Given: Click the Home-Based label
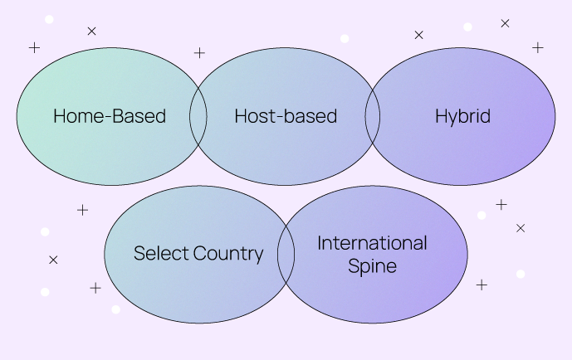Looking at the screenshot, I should click(110, 116).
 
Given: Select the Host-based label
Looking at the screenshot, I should click(286, 116).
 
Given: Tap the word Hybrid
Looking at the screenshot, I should click(462, 116).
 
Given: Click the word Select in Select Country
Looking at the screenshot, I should click(161, 254).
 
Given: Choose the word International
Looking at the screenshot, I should click(372, 243).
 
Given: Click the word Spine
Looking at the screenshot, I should click(372, 266).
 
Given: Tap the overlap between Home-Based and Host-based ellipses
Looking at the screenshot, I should click(198, 116).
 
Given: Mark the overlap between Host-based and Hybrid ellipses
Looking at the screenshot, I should click(373, 116).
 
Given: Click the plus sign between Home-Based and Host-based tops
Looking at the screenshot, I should click(199, 53).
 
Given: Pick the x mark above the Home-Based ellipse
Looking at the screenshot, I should click(91, 32).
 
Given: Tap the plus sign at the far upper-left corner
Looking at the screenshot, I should click(34, 47).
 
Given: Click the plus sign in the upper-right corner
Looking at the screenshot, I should click(538, 47).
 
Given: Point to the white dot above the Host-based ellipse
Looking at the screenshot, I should click(345, 38).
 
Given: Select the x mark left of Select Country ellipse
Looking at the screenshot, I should click(53, 260).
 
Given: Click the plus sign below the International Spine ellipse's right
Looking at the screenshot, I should click(482, 285).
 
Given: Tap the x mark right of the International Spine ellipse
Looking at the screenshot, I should click(521, 227).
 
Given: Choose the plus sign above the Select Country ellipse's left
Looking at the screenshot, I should click(82, 210).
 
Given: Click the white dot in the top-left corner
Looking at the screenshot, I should click(49, 19).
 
